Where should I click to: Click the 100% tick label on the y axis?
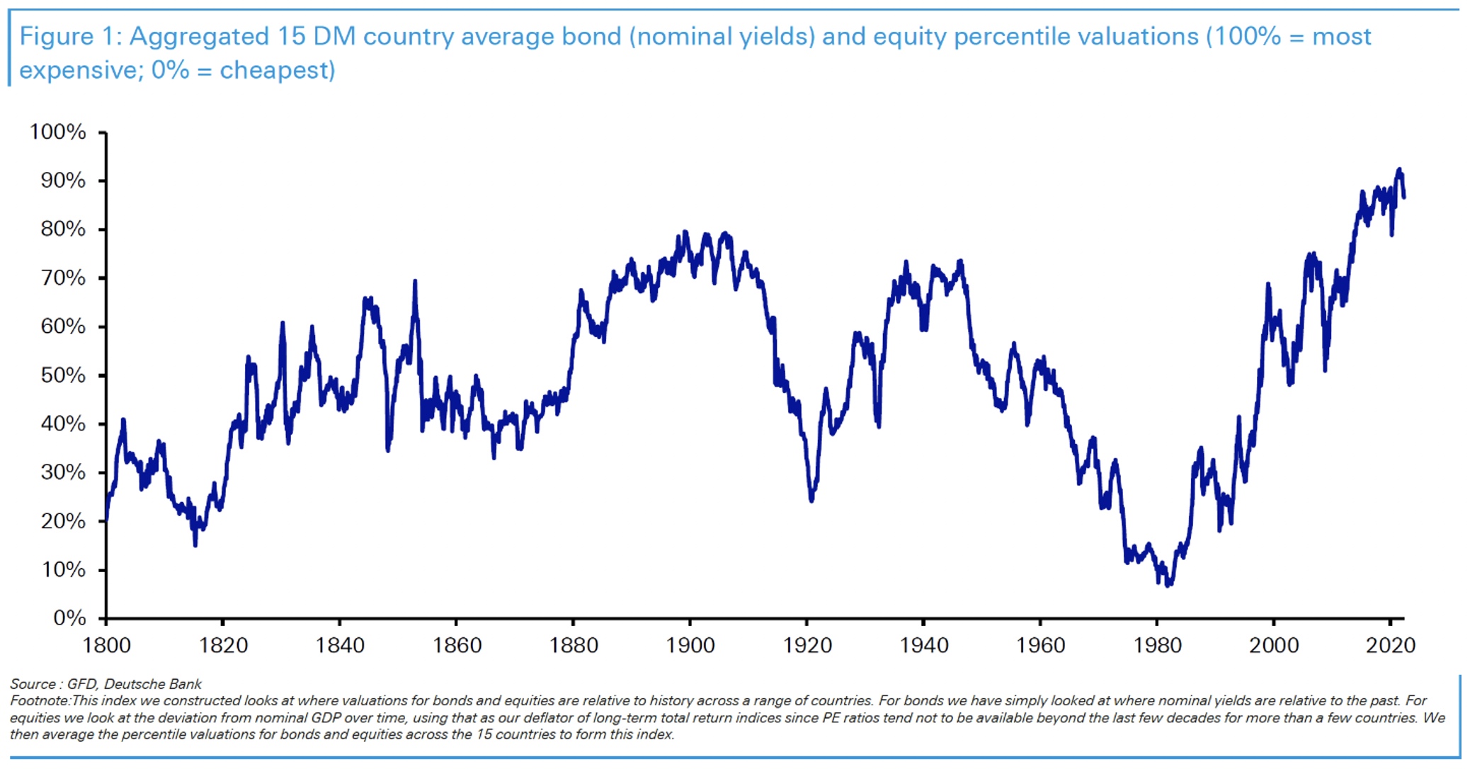tap(57, 132)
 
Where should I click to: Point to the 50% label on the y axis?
tap(62, 375)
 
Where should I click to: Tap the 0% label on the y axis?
tap(69, 618)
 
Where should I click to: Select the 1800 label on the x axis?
tap(106, 645)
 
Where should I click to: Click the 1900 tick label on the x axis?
tap(690, 645)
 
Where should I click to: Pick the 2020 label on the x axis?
tap(1391, 645)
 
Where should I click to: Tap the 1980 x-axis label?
tap(1157, 645)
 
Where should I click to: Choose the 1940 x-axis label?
tap(923, 645)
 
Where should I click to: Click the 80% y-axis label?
tap(62, 229)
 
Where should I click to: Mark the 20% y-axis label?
tap(62, 521)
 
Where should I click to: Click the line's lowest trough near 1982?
tap(1168, 585)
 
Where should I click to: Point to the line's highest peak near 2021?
tap(1399, 170)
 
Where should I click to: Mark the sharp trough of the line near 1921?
tap(811, 500)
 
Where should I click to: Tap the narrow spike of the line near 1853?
tap(415, 282)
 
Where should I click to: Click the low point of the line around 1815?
tap(195, 544)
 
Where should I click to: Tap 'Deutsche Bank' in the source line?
tap(153, 684)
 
